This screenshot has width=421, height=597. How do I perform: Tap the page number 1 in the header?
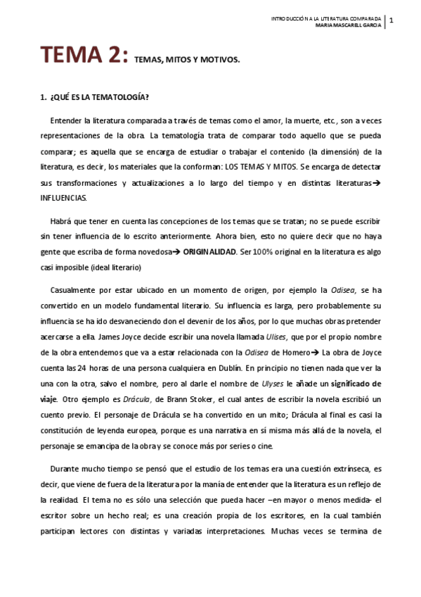[391, 21]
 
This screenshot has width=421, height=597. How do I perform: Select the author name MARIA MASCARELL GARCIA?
[348, 25]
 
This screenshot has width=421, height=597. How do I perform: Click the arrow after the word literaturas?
[376, 184]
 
